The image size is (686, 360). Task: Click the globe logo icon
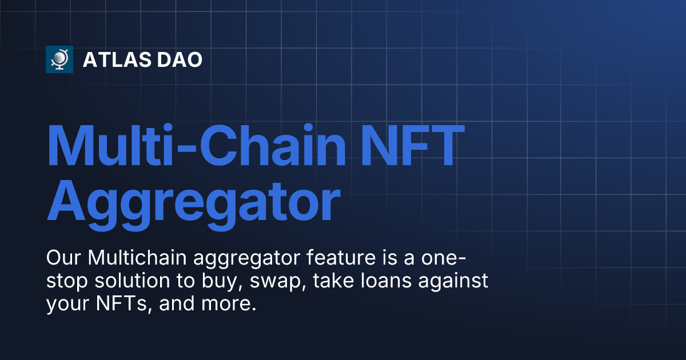click(x=59, y=59)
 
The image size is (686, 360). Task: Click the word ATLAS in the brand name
click(x=117, y=59)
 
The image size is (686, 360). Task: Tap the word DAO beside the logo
click(x=180, y=59)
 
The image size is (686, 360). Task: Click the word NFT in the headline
click(x=413, y=145)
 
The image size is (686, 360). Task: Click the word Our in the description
click(x=63, y=258)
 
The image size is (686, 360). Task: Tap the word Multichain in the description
click(x=137, y=257)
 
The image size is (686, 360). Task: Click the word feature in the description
click(x=341, y=257)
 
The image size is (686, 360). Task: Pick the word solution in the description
click(x=132, y=281)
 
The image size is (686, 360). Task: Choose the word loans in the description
click(x=386, y=281)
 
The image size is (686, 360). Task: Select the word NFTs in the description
click(x=121, y=303)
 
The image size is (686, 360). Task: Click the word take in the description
click(x=333, y=281)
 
